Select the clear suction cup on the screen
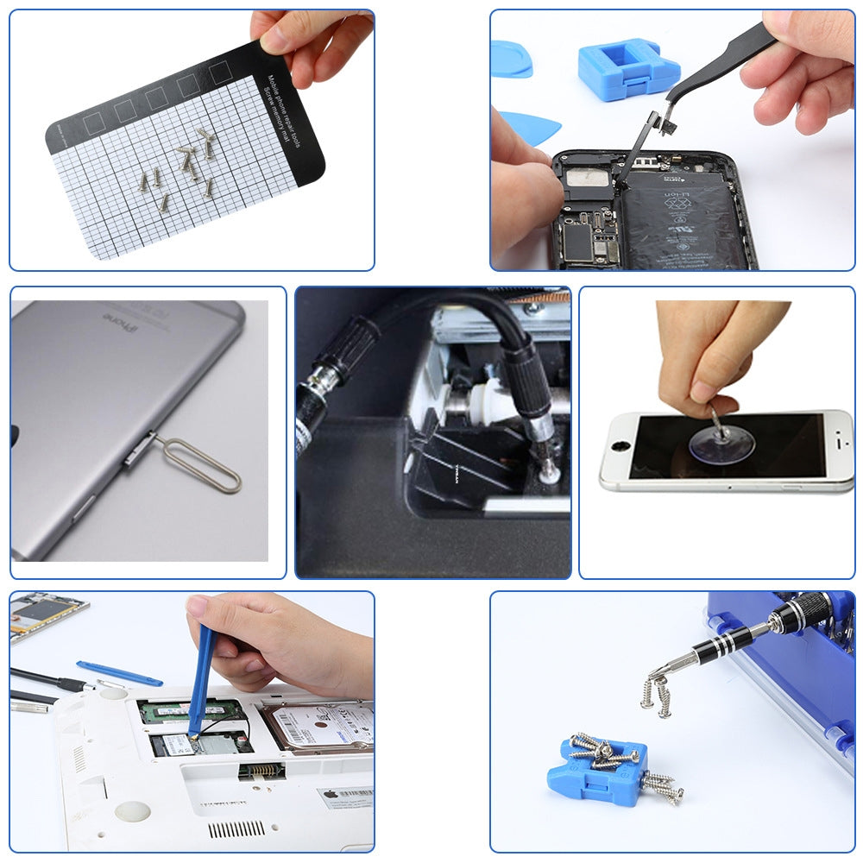coord(721,442)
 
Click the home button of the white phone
coord(619,449)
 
